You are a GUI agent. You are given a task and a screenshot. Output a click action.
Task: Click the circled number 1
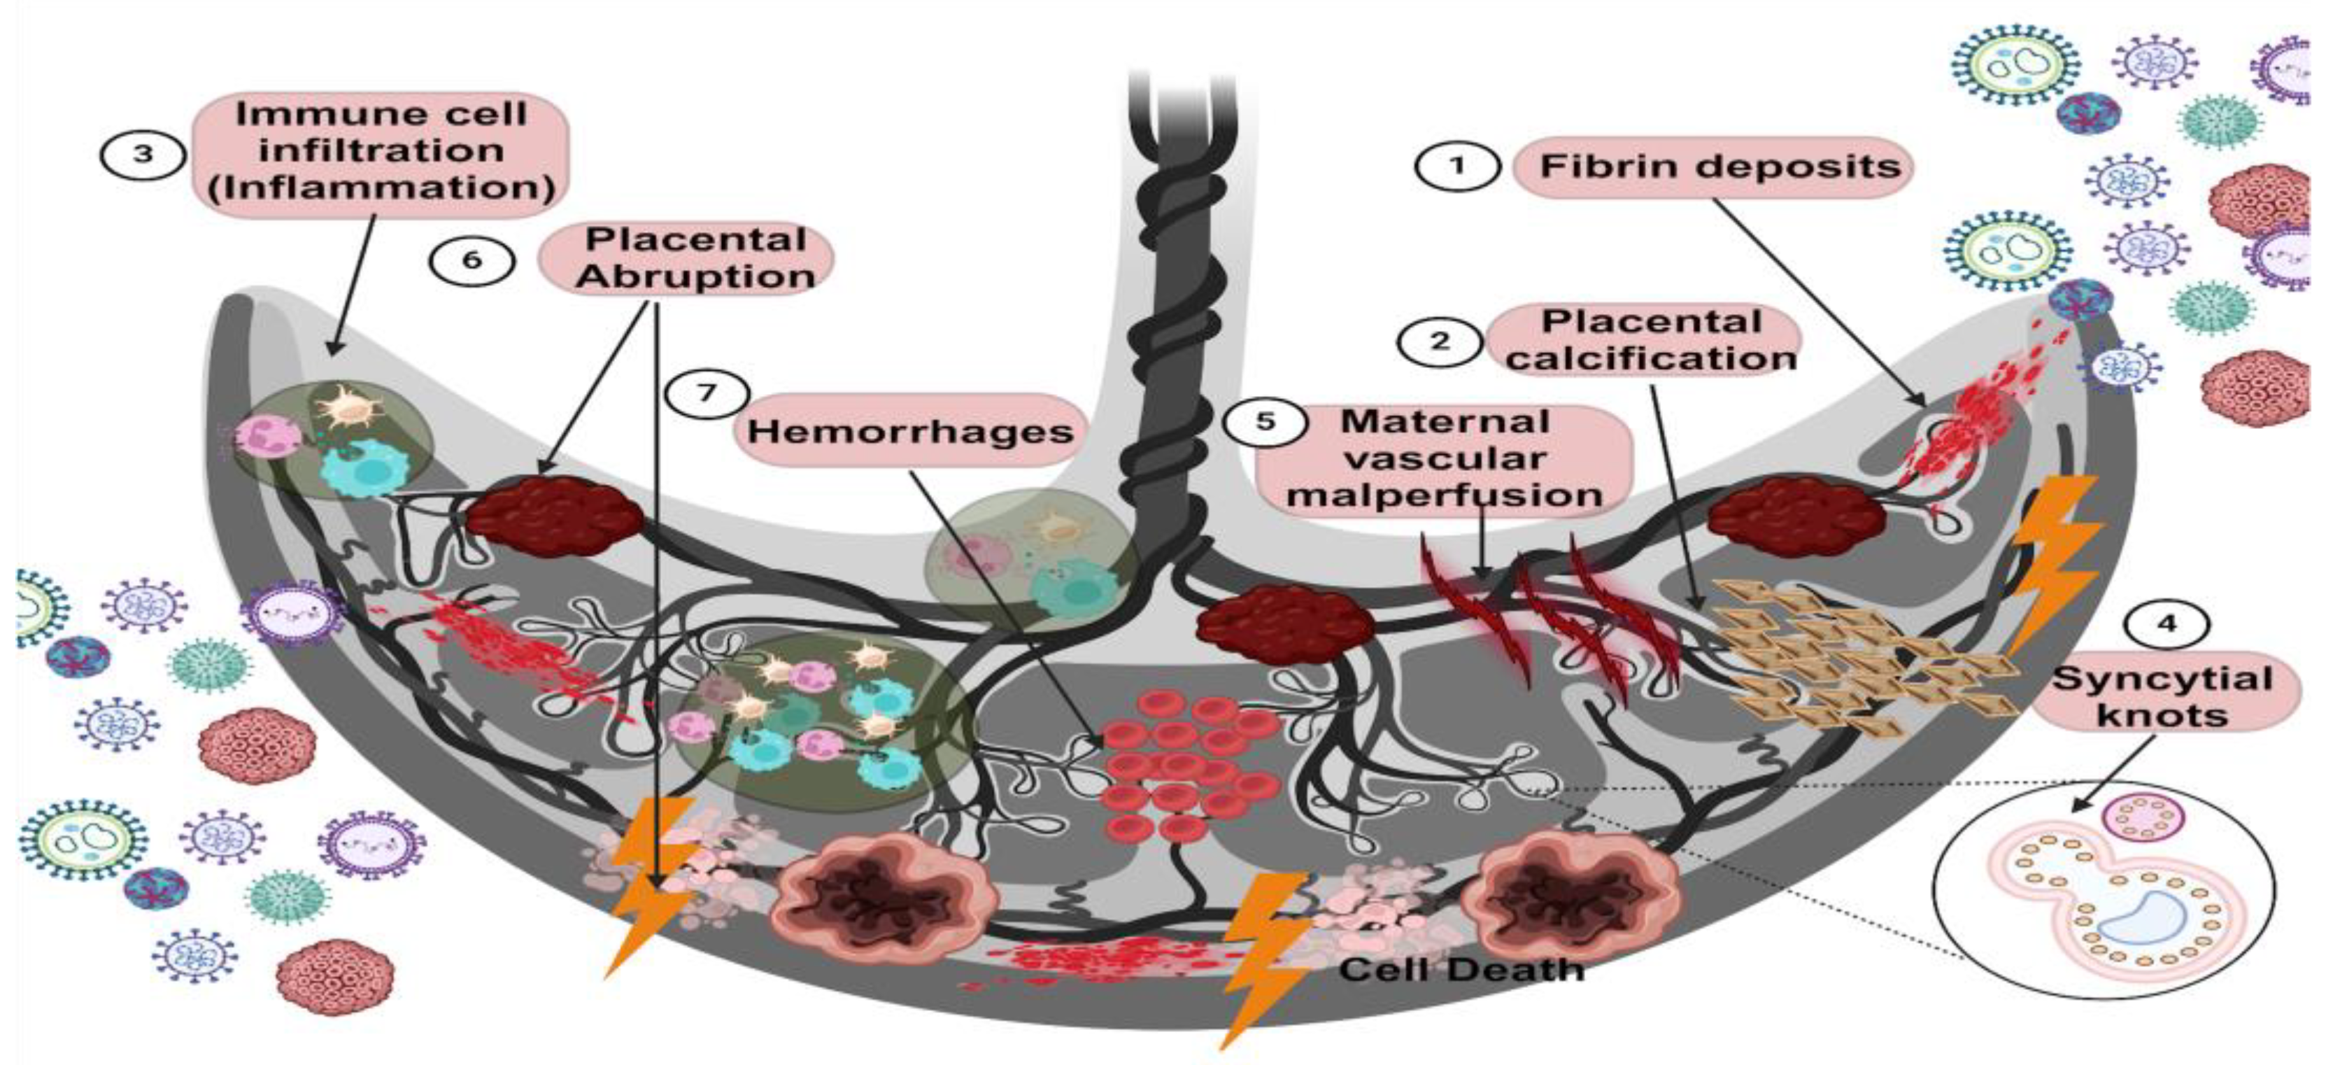1457,166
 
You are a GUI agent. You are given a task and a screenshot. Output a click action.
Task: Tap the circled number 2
1439,341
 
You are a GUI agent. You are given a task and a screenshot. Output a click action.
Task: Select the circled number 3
143,154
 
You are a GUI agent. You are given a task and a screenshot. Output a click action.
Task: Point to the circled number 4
2167,624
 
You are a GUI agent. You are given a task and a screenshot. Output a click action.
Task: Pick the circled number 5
1265,421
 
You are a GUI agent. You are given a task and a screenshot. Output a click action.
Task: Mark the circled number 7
707,393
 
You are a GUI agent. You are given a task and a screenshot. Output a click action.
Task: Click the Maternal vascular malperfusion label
1445,459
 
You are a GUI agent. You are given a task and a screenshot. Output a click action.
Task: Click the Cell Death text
1461,970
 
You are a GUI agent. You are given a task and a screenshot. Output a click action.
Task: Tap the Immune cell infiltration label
381,152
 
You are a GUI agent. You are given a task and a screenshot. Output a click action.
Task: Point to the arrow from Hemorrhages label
1005,607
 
